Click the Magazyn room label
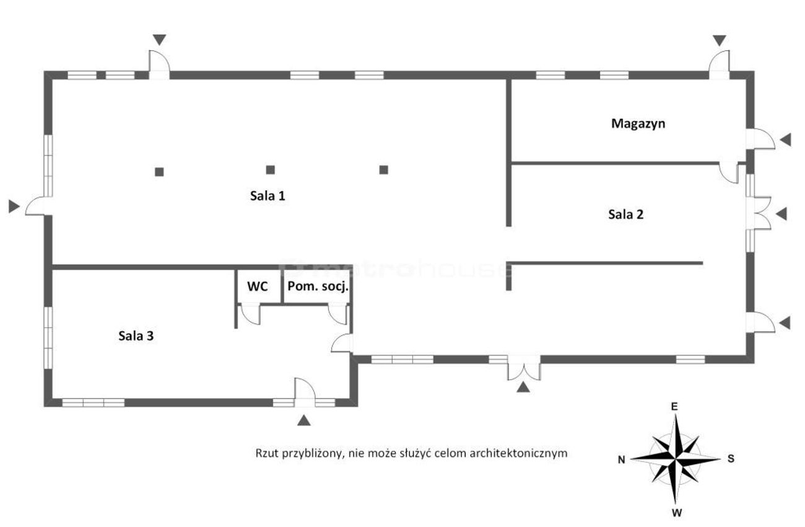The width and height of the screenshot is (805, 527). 638,124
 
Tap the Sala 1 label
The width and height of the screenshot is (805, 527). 268,196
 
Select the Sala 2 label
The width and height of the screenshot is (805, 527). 625,215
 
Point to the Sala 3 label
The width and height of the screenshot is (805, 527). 136,336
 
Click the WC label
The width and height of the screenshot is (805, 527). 258,286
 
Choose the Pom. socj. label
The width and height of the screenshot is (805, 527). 318,286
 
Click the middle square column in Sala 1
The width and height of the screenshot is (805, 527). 270,170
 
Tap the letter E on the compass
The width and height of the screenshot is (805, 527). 674,407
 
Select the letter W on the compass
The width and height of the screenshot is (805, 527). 676,513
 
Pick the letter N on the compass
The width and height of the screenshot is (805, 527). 621,460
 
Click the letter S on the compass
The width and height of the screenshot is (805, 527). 731,459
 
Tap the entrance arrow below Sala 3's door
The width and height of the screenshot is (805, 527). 303,420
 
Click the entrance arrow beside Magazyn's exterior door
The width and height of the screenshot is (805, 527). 785,139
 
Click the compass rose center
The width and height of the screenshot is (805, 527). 676,459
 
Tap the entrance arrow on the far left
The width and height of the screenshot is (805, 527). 14,206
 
